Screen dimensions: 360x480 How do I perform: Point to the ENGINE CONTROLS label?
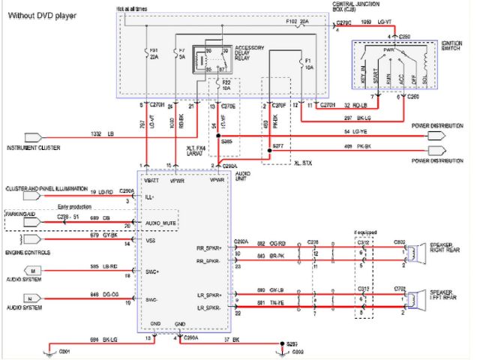(x=25, y=253)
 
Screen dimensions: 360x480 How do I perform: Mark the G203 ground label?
(x=296, y=350)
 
